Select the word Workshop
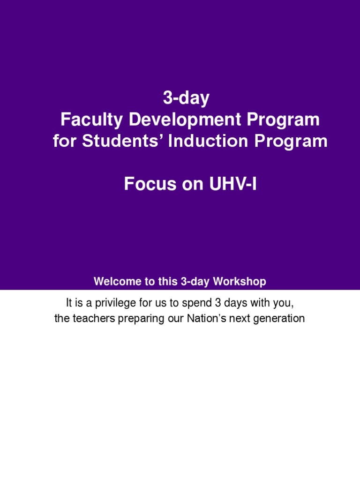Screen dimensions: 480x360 pos(240,282)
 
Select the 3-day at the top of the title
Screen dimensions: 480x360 pos(186,99)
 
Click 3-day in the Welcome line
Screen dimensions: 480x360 pos(195,282)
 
